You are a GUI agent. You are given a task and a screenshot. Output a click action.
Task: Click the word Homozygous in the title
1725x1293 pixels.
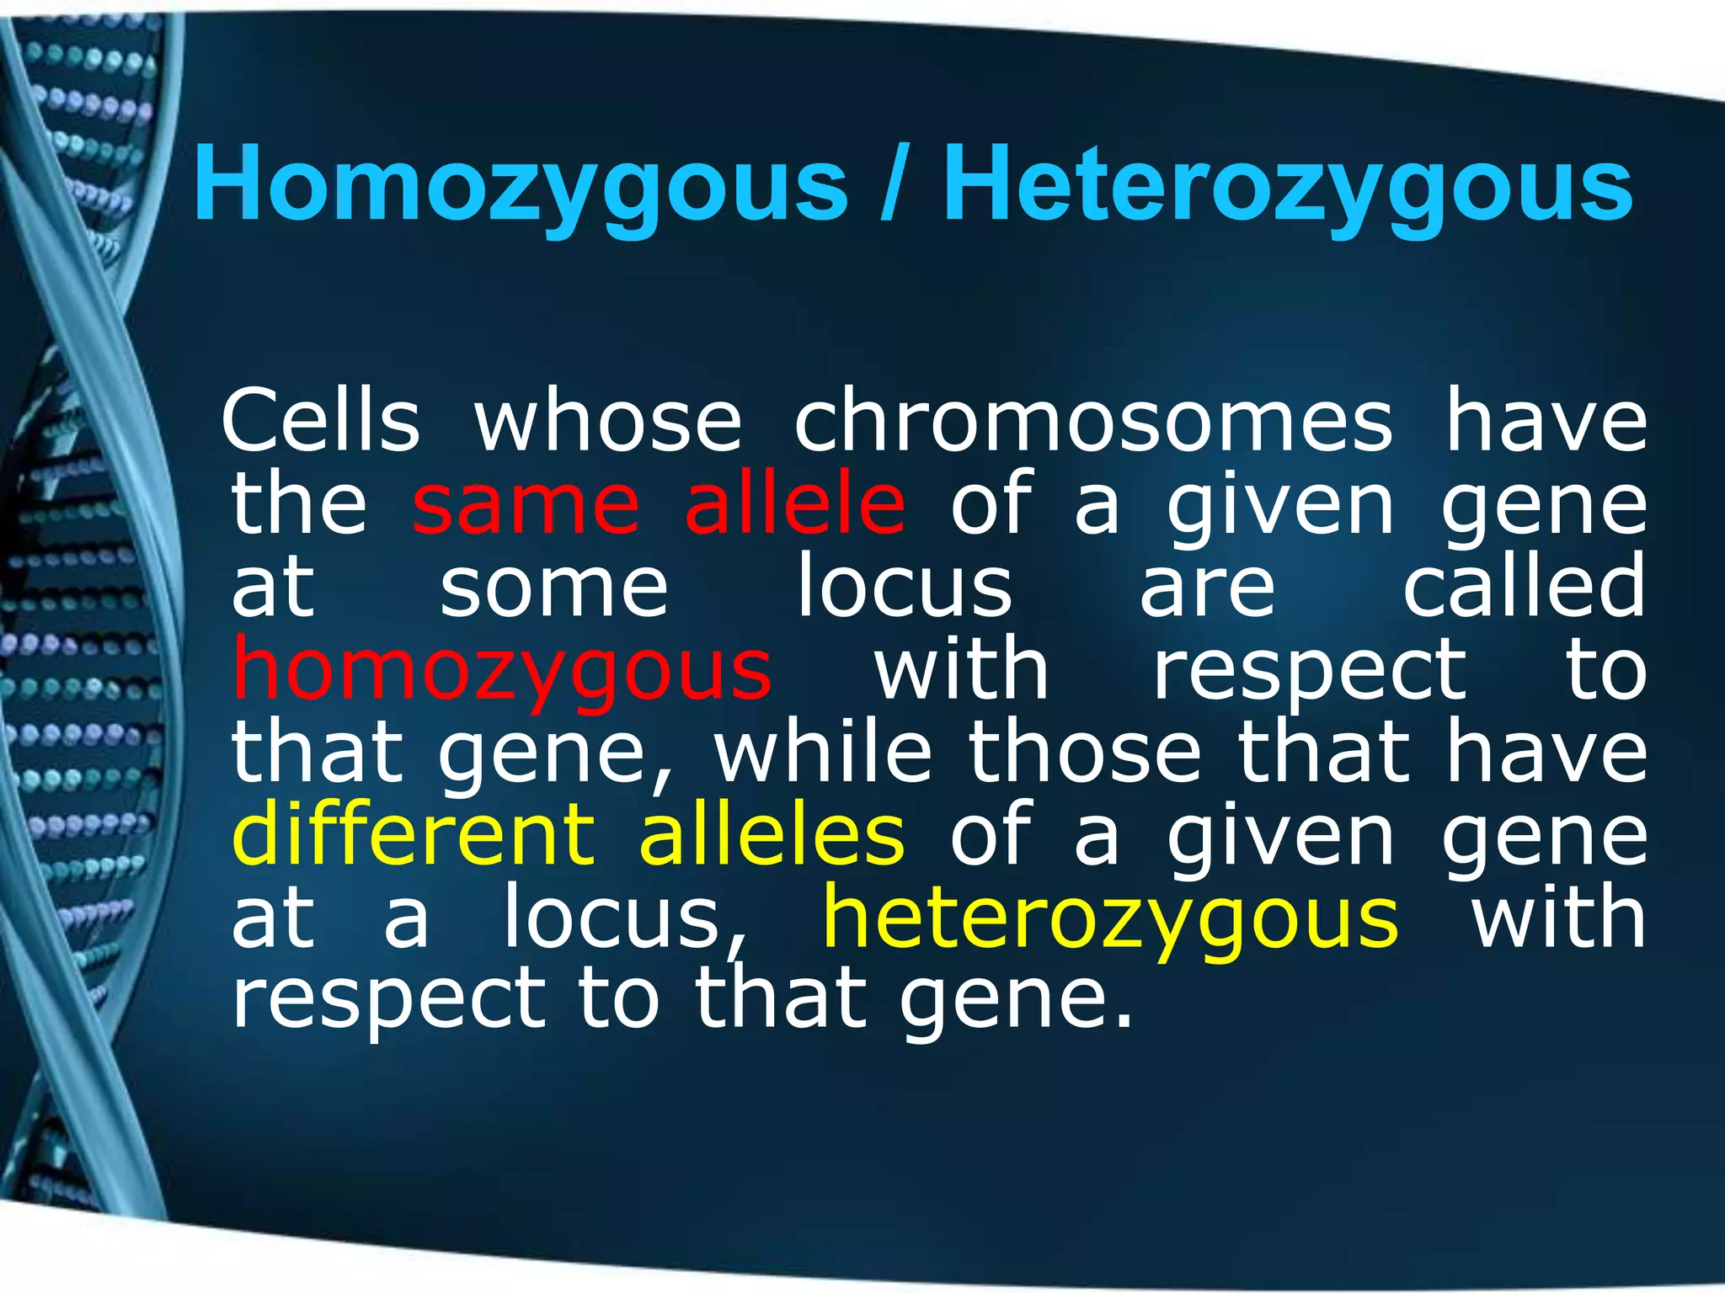click(x=520, y=185)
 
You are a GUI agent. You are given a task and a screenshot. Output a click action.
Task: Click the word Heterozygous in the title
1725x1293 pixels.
click(x=1288, y=185)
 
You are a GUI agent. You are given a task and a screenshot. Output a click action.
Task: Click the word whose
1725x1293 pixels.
click(x=608, y=421)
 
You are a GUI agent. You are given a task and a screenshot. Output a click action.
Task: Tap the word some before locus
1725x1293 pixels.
click(x=554, y=586)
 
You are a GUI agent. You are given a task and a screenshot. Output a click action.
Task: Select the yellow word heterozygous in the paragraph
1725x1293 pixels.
click(x=1111, y=918)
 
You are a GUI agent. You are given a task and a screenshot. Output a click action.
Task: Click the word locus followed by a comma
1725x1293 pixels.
click(x=623, y=918)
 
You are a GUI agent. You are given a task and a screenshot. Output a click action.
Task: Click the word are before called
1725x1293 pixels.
click(x=1208, y=588)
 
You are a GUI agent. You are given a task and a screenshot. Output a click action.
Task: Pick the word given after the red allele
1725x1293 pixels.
click(x=1280, y=505)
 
